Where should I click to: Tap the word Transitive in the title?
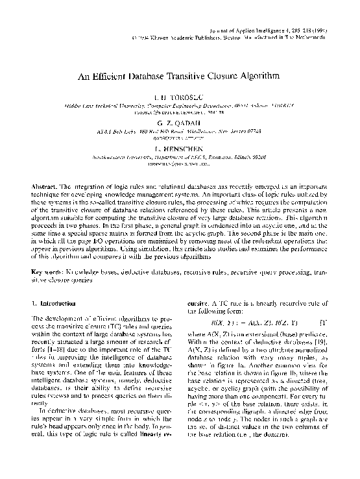[185, 76]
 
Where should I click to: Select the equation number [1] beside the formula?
[322, 323]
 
